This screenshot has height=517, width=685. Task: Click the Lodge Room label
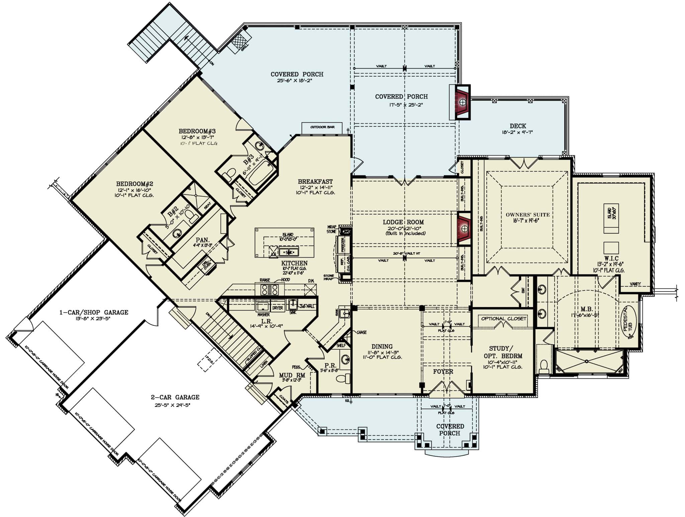pos(403,222)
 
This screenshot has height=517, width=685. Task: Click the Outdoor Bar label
pos(322,127)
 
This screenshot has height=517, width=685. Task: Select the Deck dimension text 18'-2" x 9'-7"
pos(518,132)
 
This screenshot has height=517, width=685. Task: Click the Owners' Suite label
pos(527,215)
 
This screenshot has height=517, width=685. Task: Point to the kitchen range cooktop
pos(270,289)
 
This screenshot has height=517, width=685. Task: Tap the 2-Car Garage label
pos(175,397)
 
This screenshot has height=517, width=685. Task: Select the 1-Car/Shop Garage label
pos(94,312)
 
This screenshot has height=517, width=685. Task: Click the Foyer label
pos(443,371)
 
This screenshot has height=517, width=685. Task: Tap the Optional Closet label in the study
pos(503,318)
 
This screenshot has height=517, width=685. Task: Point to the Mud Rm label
pos(292,375)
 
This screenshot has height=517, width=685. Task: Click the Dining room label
pos(382,346)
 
